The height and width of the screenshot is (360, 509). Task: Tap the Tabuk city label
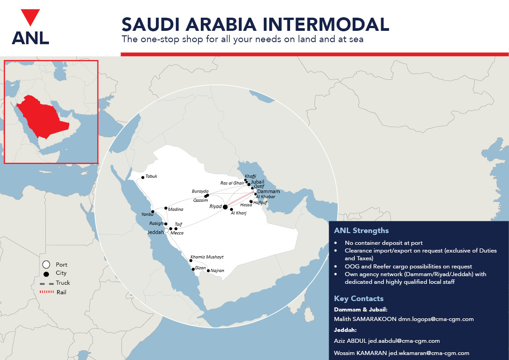click(x=151, y=176)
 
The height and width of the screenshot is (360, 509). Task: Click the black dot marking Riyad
click(x=225, y=207)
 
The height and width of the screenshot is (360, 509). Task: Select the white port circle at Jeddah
click(x=166, y=231)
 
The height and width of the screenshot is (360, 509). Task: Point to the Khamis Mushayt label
click(x=207, y=257)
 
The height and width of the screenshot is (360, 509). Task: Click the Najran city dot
click(x=208, y=271)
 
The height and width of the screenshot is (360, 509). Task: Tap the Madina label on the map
click(x=175, y=209)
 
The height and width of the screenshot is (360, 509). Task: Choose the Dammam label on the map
click(x=268, y=191)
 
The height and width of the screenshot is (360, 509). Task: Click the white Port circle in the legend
click(x=46, y=264)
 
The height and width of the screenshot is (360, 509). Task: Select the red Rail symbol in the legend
click(x=47, y=292)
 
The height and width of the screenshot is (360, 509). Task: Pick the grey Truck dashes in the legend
click(x=47, y=283)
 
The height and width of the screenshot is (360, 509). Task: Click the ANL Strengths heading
click(x=361, y=230)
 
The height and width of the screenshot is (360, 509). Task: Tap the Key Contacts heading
click(x=359, y=298)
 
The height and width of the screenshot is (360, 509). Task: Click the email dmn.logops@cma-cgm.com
click(x=436, y=319)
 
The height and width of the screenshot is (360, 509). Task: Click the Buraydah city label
click(x=200, y=191)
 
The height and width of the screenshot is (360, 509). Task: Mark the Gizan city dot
click(x=194, y=269)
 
